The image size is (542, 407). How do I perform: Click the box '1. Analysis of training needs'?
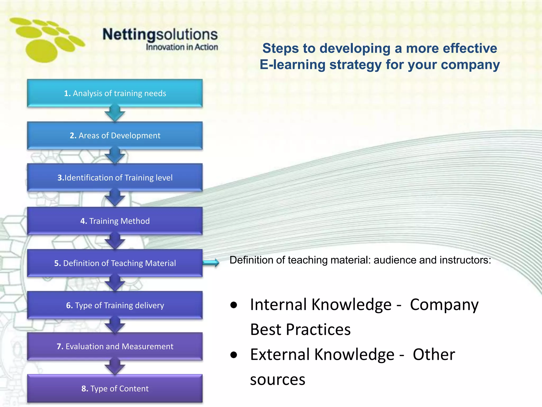coord(115,93)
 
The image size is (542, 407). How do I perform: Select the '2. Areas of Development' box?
coord(115,135)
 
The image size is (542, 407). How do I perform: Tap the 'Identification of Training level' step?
coord(115,178)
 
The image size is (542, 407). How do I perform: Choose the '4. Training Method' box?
coord(115,221)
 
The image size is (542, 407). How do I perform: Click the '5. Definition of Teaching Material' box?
coord(115,263)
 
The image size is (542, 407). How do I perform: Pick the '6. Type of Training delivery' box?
coord(115,305)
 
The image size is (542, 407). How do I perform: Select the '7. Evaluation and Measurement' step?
coord(115,346)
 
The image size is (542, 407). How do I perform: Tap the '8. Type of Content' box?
coord(115,388)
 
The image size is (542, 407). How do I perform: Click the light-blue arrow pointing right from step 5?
coord(211,263)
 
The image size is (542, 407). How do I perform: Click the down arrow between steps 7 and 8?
coord(115,367)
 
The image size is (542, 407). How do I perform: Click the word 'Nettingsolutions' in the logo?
coord(160,34)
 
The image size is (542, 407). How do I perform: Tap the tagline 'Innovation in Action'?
coord(182,47)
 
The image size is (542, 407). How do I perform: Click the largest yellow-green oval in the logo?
coord(42,51)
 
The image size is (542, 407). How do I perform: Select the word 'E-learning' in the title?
coord(292,65)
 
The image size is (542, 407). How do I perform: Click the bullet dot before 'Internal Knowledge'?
coord(234,305)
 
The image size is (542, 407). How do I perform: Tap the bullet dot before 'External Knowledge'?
coord(234,355)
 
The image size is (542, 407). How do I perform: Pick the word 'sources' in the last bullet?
coord(278,380)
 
